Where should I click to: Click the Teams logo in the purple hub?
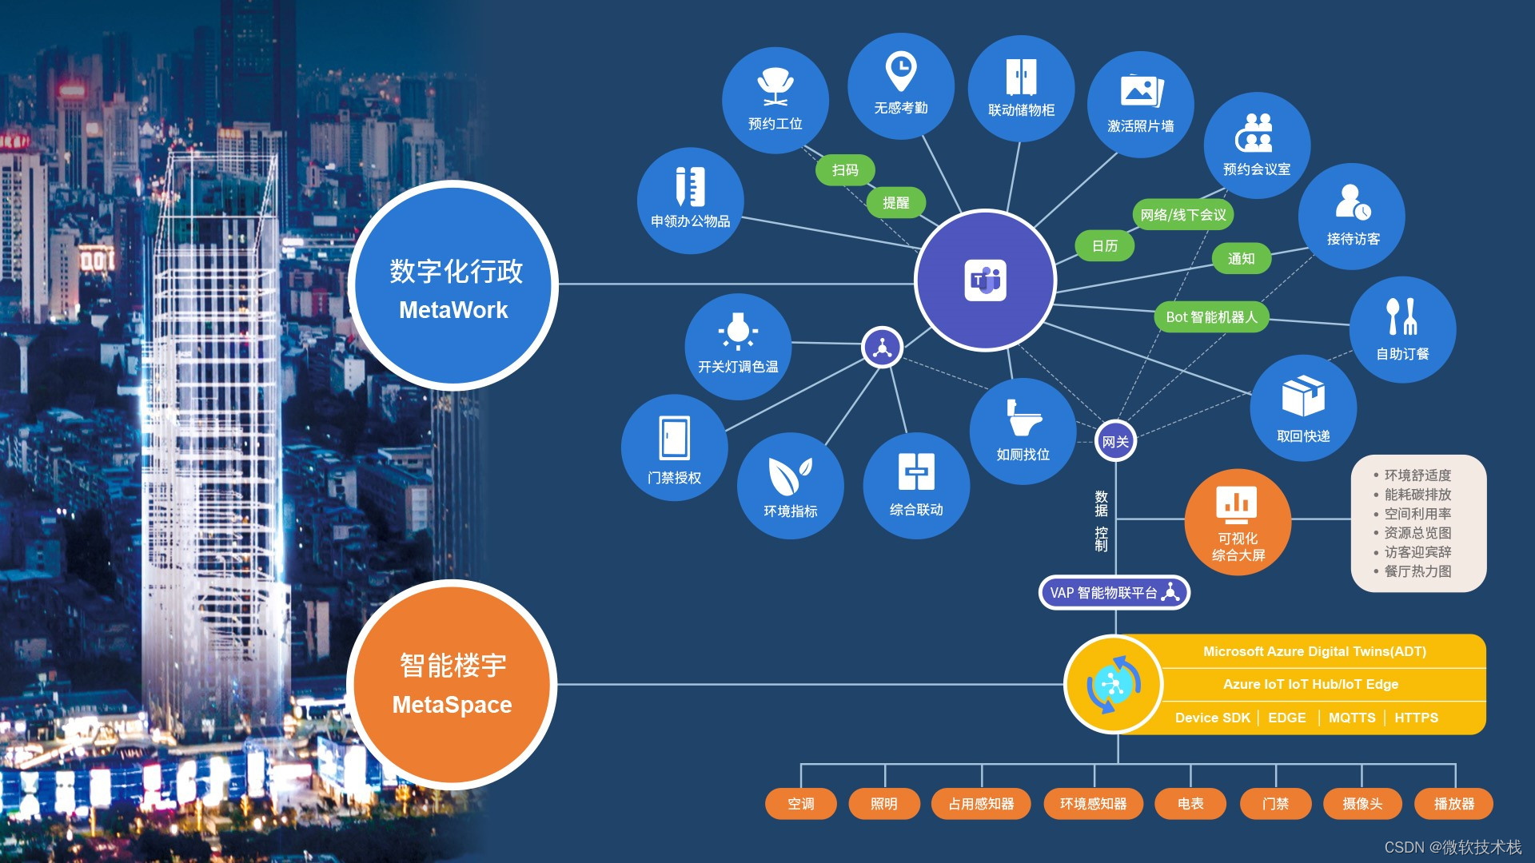[x=985, y=280]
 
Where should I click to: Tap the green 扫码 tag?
[x=845, y=170]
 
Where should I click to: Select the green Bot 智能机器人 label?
[x=1211, y=317]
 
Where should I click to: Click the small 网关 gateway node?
[x=1115, y=441]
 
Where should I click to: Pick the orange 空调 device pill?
[x=800, y=804]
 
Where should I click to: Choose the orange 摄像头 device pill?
[x=1362, y=804]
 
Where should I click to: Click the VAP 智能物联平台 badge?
[x=1114, y=593]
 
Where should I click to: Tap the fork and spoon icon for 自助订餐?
[x=1402, y=316]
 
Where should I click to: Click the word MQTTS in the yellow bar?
[x=1352, y=718]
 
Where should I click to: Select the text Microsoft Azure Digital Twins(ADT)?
[x=1314, y=651]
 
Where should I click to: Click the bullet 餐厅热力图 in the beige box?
[x=1417, y=571]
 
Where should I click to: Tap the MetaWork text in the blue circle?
[x=453, y=310]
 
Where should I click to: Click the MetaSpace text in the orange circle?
[x=452, y=705]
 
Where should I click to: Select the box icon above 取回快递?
[x=1303, y=396]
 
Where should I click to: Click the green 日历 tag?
[x=1105, y=246]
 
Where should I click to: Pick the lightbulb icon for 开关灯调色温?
[x=738, y=330]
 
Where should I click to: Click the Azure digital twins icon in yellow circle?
[x=1114, y=685]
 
